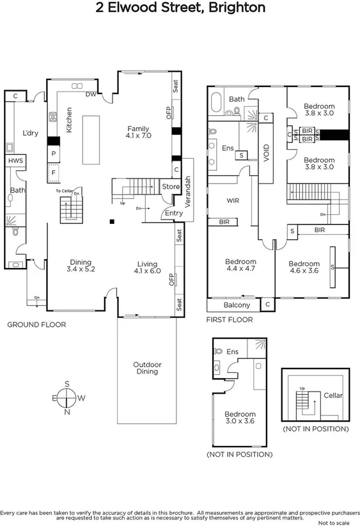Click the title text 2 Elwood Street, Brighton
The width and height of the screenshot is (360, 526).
coord(180,8)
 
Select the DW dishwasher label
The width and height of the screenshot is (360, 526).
coord(91,95)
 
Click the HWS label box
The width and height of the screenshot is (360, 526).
coord(15,161)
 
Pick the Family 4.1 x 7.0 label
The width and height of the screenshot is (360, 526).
coord(137,132)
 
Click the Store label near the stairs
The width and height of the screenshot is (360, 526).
coord(171,186)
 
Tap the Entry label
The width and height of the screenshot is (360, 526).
coord(173,213)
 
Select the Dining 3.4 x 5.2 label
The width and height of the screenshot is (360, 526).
coord(81,266)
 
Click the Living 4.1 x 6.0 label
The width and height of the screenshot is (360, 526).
coord(147,266)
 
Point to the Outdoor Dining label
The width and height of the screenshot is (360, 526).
coord(147,368)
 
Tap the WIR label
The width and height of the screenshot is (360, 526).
coord(232,200)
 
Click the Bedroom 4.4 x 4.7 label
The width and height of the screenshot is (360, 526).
coord(240,265)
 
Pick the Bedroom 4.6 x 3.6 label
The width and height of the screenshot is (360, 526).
coord(304,267)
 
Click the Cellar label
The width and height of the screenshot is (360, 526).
coord(333,395)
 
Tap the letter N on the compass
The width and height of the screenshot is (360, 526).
coord(67,411)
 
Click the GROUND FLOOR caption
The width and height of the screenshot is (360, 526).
coord(36,324)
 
